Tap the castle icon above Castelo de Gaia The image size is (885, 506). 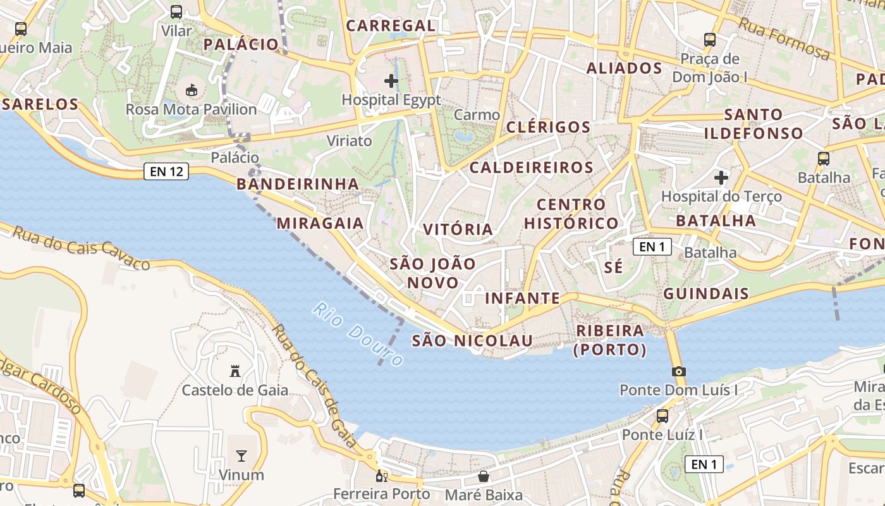point(235,371)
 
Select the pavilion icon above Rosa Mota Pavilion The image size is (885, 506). point(192,90)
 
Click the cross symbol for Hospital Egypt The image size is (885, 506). point(391,81)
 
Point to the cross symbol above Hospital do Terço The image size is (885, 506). point(721,178)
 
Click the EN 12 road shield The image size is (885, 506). point(166,171)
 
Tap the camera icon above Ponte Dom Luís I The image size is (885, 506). point(679,371)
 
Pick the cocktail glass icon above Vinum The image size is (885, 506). point(241,456)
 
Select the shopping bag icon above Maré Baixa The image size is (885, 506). point(484,476)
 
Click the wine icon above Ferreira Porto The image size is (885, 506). point(382,476)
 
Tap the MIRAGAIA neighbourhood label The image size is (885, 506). point(320,223)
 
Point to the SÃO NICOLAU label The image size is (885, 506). point(472,341)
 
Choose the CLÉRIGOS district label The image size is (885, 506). point(549,127)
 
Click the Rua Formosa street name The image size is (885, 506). point(784,39)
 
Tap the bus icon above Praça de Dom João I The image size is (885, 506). point(709,40)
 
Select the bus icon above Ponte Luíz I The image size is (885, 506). point(662,416)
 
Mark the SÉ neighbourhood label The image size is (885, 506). point(613,267)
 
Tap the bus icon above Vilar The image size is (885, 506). point(176,12)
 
